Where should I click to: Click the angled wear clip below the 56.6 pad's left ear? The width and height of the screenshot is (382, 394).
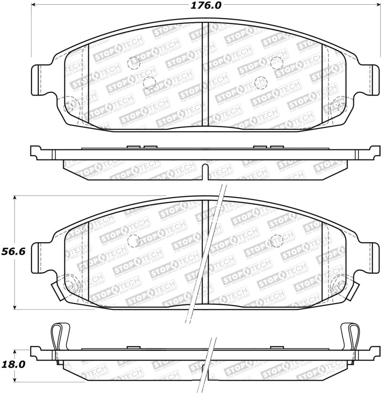57,290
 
